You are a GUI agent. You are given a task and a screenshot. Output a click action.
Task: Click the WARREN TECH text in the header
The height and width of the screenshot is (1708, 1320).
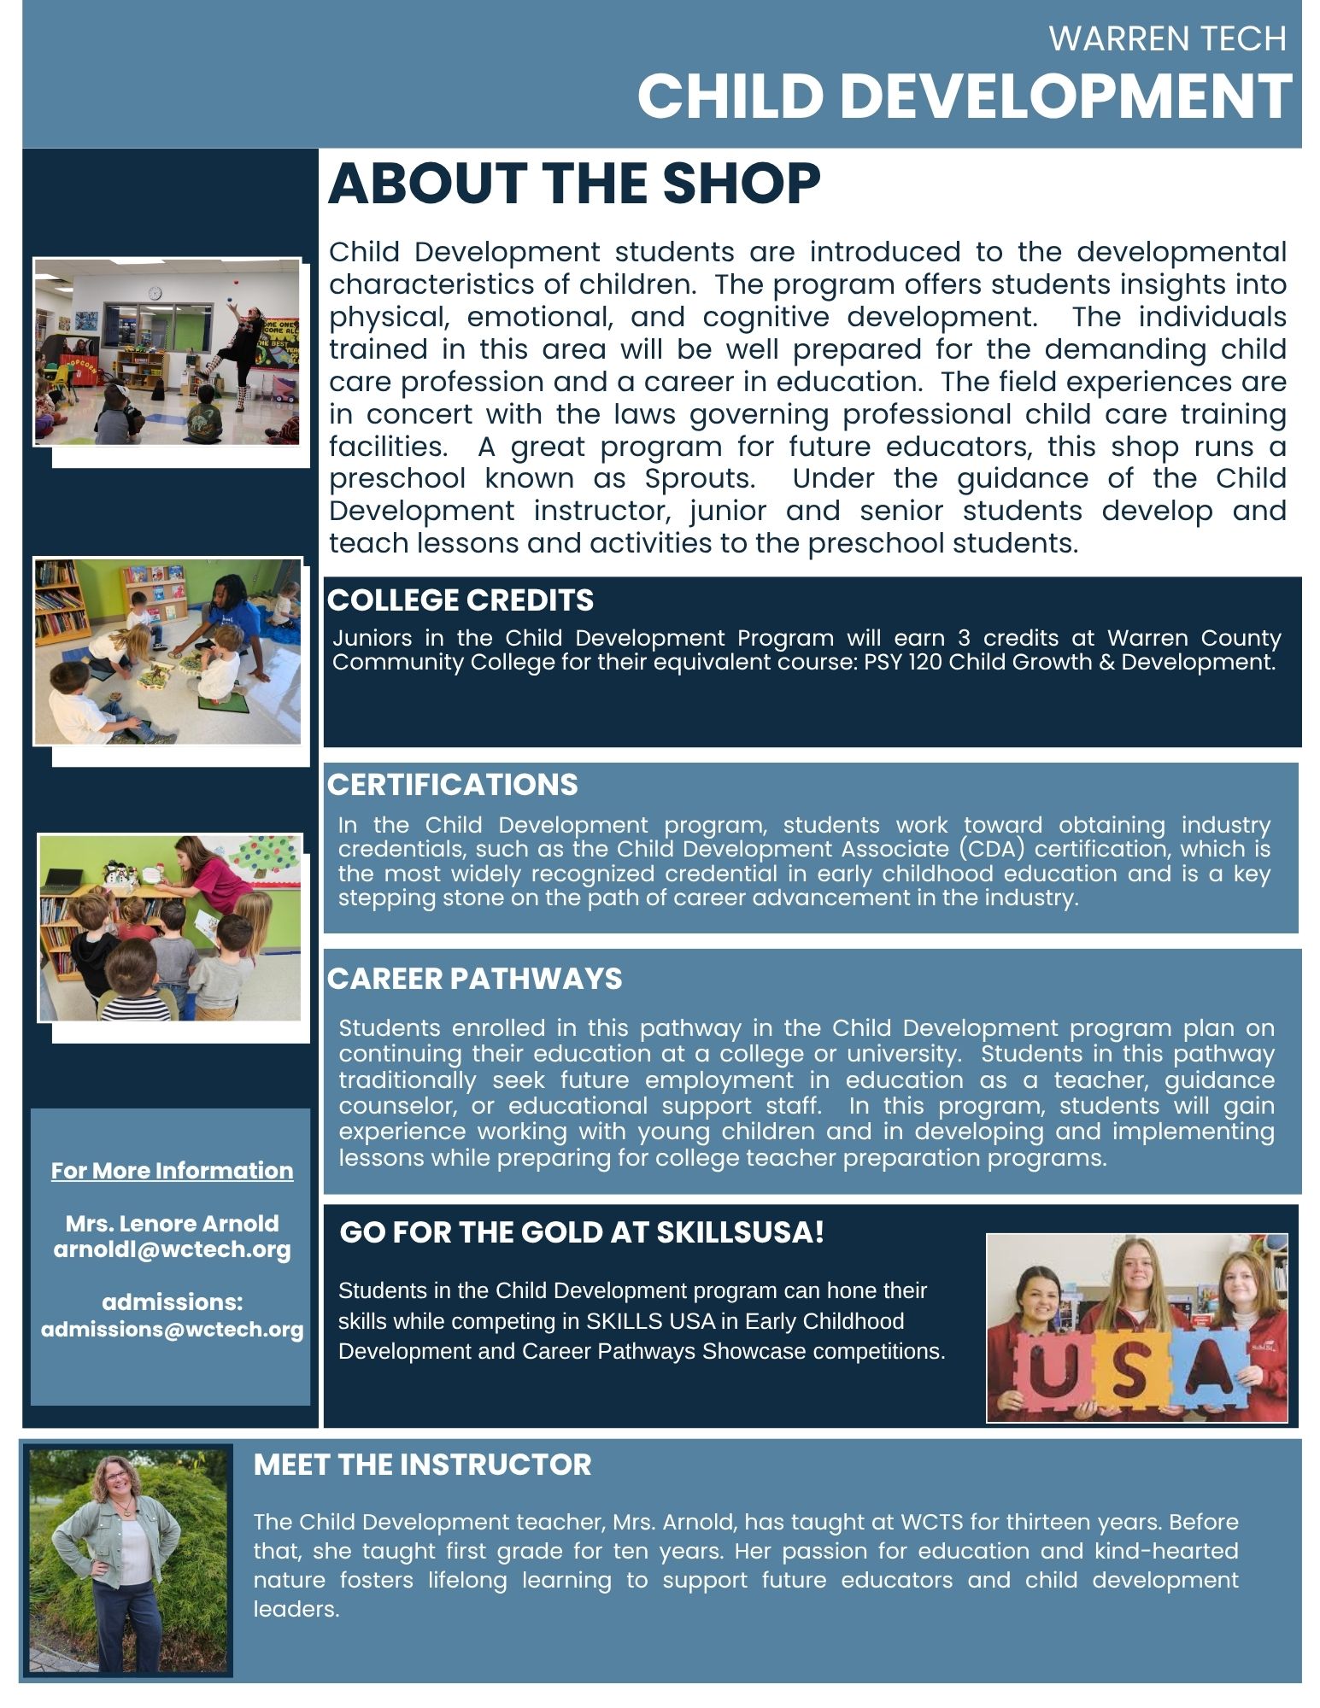(x=1167, y=39)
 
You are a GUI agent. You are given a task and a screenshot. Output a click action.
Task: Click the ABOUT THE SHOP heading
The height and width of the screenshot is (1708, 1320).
(x=574, y=184)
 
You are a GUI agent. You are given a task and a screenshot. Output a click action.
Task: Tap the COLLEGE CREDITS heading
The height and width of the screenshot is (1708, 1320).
(x=460, y=600)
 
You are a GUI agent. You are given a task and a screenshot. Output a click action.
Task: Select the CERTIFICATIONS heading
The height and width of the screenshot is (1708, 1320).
(x=452, y=785)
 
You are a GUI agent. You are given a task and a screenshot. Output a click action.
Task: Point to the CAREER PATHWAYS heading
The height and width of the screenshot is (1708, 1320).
(x=474, y=979)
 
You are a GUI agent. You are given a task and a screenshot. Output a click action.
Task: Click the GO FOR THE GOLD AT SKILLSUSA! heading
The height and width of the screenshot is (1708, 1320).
(x=582, y=1232)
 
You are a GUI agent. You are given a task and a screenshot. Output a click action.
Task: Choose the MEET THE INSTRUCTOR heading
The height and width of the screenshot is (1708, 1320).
(x=422, y=1465)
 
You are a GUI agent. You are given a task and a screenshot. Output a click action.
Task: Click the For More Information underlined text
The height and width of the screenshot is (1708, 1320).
(x=172, y=1170)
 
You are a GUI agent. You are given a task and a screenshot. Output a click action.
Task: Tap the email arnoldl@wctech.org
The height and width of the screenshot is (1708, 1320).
(x=172, y=1249)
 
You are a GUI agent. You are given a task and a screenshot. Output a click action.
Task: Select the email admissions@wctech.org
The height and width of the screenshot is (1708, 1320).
(x=172, y=1330)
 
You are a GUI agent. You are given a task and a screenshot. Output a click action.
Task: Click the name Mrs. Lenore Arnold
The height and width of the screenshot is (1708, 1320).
(x=172, y=1223)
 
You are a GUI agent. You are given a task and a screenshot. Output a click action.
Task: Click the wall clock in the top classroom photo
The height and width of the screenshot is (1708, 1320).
(x=155, y=293)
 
